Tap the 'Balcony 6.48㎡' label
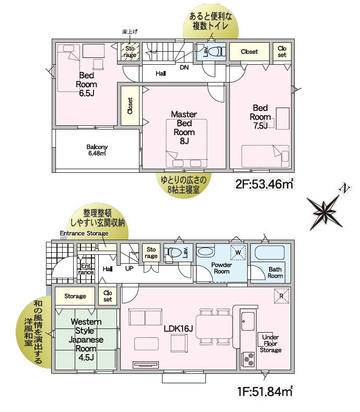pos(97,150)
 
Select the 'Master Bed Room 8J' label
pos(184,127)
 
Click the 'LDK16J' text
pos(179,328)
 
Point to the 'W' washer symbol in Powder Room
pos(238,253)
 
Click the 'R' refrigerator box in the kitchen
pos(282,296)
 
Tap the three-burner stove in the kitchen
pos(249,359)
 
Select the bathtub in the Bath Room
pos(270,253)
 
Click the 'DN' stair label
pos(184,67)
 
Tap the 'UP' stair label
pos(129,268)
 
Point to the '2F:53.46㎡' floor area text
pos(264,184)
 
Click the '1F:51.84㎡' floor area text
pos(265,392)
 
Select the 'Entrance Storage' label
pos(84,233)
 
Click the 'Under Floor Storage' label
pos(271,344)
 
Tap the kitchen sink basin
pos(248,321)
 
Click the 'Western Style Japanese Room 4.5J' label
pos(86,339)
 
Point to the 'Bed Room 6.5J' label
pos(86,85)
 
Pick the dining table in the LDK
pos(214,326)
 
